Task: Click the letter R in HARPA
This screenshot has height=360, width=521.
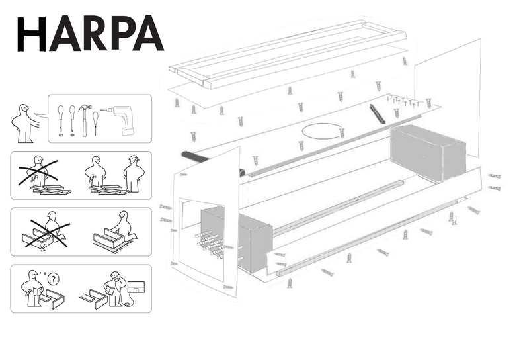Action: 95,33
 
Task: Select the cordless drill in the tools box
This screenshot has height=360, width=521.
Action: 122,120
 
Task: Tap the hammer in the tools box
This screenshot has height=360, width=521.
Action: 85,119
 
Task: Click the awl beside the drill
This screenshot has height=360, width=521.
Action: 96,123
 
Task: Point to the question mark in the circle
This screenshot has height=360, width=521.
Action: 53,279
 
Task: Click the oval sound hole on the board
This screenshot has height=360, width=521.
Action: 322,131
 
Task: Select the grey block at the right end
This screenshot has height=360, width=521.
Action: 428,153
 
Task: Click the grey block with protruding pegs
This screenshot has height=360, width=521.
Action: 236,238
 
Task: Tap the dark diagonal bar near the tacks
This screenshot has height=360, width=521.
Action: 376,114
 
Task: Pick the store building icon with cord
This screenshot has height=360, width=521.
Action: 136,287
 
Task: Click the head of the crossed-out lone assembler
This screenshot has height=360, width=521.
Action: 39,161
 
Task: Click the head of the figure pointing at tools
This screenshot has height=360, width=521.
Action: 24,109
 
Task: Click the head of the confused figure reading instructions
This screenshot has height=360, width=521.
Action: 33,275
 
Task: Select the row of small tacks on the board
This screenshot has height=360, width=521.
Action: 403,101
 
